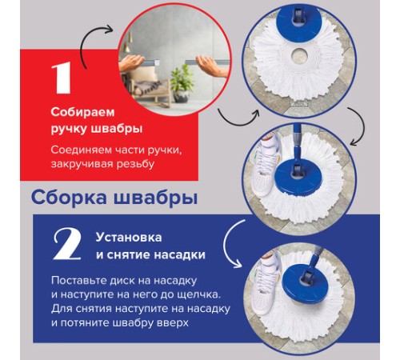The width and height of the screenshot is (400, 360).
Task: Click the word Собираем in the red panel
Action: (x=78, y=112)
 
